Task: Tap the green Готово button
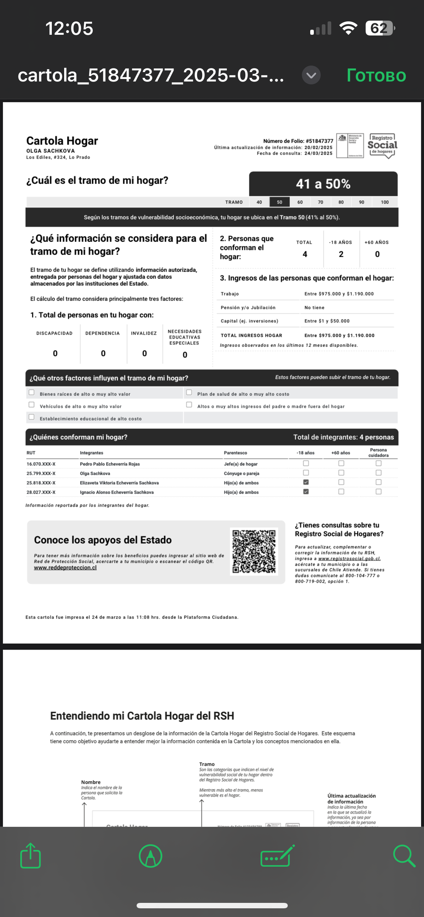pos(376,75)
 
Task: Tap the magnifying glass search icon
pos(404,856)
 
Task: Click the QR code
pos(254,551)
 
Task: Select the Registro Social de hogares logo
pos(382,145)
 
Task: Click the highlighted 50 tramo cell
pos(279,202)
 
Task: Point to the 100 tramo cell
pos(384,202)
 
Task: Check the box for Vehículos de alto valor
pos(32,405)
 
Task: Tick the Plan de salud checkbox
pos(189,393)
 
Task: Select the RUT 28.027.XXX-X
pos(41,492)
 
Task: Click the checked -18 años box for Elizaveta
pos(306,482)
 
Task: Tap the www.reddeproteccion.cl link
pos(65,568)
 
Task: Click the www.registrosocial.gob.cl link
pos(349,558)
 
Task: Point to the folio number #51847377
pos(319,141)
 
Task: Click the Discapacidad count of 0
pos(55,353)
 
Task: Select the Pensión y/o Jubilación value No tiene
pos(314,307)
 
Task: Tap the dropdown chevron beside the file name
pos(311,75)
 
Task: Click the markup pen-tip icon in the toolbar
pos(150,856)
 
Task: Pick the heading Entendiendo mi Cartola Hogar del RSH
pos(142,716)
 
